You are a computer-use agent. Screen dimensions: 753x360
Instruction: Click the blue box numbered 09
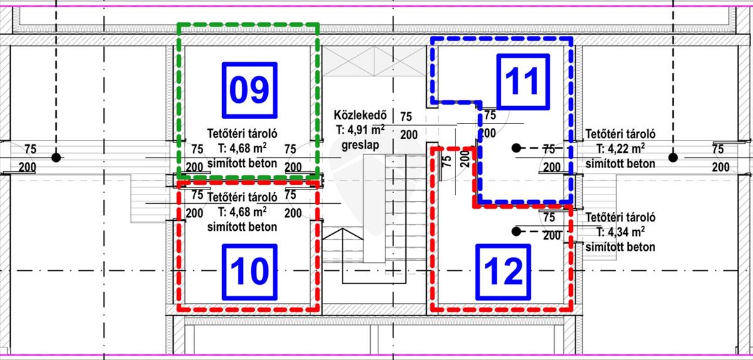pos(250,90)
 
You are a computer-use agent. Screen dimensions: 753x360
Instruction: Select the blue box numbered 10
pos(250,272)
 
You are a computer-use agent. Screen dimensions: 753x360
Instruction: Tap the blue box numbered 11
pos(523,82)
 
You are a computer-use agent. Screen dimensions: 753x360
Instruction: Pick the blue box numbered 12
pos(503,272)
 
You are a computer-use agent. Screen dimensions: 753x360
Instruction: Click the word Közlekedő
pos(360,115)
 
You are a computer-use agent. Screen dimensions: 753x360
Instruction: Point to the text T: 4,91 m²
pos(360,130)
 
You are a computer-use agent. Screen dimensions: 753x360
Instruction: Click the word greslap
pos(360,146)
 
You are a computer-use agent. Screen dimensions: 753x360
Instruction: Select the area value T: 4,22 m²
pos(620,149)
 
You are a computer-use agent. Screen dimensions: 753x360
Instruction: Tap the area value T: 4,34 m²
pos(620,232)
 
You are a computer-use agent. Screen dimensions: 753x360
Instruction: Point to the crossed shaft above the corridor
pos(374,61)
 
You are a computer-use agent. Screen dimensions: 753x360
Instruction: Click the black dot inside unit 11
pos(516,147)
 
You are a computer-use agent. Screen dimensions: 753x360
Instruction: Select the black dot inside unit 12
pos(516,231)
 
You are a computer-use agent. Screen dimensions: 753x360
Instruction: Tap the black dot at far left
pos(56,157)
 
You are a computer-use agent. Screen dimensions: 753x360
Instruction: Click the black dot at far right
pos(673,157)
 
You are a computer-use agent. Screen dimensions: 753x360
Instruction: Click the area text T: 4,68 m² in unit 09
pos(242,148)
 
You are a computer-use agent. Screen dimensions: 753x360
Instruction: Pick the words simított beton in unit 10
pos(242,227)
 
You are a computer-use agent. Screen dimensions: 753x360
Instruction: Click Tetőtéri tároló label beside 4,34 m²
pos(620,217)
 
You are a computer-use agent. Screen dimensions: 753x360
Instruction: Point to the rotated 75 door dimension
pos(447,162)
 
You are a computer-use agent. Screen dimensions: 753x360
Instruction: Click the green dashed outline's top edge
pos(248,24)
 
